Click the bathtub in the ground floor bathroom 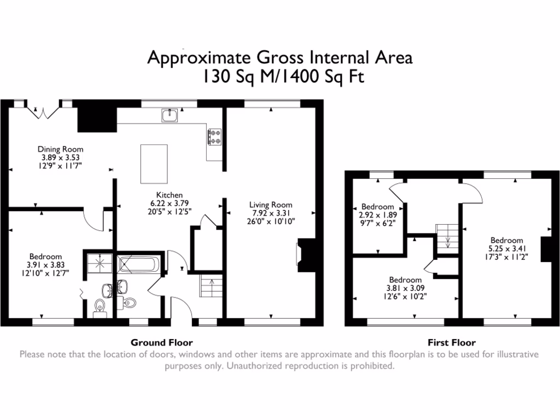point(139,266)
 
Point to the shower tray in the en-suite point(100,263)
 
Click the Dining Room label point(60,149)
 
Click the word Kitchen point(169,195)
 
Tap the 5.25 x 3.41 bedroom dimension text point(506,248)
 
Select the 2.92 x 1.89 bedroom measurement point(377,215)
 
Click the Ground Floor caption point(162,343)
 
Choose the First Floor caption point(451,343)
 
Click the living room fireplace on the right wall point(304,255)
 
